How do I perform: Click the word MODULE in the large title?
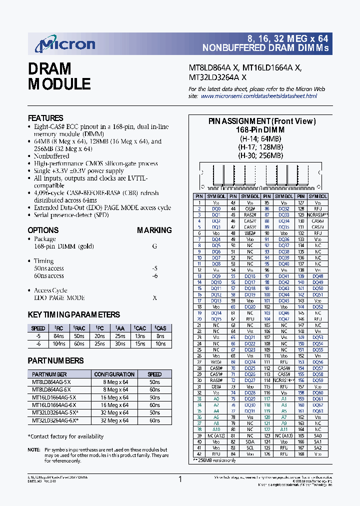click(x=59, y=84)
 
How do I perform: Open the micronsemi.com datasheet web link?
click(x=259, y=96)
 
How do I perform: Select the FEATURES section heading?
click(x=45, y=118)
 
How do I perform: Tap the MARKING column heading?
click(x=154, y=230)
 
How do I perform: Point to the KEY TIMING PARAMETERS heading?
click(x=73, y=314)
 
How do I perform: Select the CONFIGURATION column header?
click(x=114, y=374)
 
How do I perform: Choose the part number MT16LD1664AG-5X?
click(x=54, y=397)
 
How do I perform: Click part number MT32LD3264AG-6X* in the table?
click(x=55, y=420)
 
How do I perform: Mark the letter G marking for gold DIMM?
click(x=154, y=246)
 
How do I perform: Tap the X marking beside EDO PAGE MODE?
click(x=154, y=297)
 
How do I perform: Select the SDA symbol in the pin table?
click(x=249, y=441)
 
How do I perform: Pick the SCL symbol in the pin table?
click(x=249, y=447)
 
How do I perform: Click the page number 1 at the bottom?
click(x=180, y=479)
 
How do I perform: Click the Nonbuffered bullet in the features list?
click(x=51, y=156)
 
